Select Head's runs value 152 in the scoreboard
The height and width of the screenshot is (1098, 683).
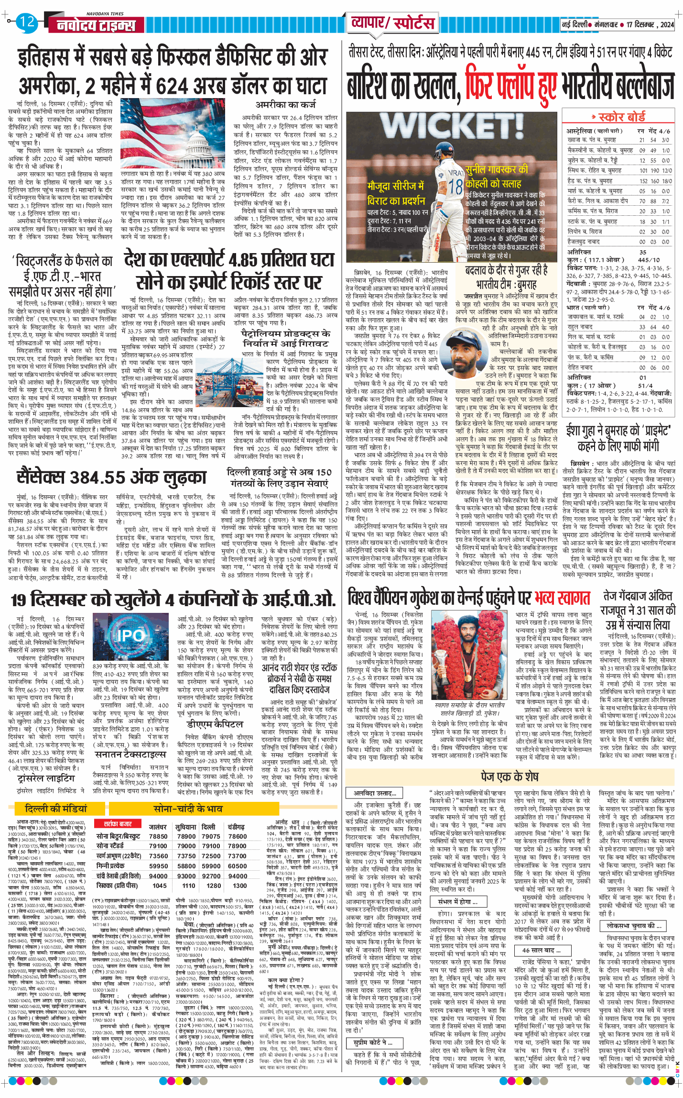tap(643, 181)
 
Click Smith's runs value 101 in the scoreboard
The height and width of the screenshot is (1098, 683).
tap(643, 170)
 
